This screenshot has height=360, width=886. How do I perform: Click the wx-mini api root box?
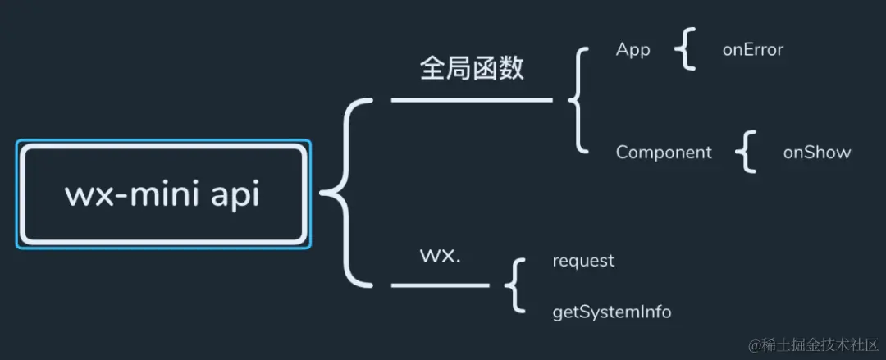pyautogui.click(x=163, y=194)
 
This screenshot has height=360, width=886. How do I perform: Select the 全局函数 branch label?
pyautogui.click(x=471, y=69)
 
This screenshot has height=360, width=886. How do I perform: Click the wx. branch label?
pyautogui.click(x=440, y=254)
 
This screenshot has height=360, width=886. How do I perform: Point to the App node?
pyautogui.click(x=633, y=50)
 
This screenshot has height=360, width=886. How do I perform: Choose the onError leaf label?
pyautogui.click(x=752, y=50)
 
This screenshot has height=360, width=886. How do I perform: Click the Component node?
pyautogui.click(x=664, y=153)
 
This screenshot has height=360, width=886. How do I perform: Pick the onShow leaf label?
pyautogui.click(x=816, y=153)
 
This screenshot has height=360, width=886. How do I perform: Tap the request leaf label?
pyautogui.click(x=583, y=261)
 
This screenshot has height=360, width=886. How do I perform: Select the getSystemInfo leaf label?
pyautogui.click(x=612, y=312)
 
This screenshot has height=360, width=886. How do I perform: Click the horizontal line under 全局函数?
pyautogui.click(x=472, y=100)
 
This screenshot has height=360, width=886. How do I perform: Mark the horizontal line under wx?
pyautogui.click(x=440, y=285)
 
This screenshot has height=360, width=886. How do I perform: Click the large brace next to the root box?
pyautogui.click(x=345, y=194)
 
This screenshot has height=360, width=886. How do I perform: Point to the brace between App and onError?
pyautogui.click(x=685, y=51)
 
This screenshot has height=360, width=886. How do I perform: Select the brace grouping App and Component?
pyautogui.click(x=578, y=100)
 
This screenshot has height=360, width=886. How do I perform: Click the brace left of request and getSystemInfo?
pyautogui.click(x=515, y=285)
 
